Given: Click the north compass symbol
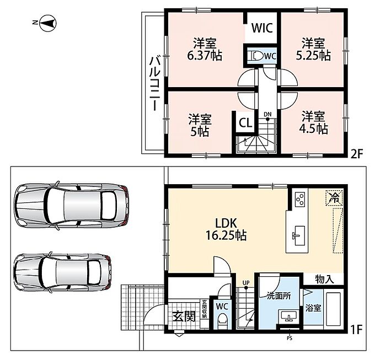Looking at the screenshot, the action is pos(47,23).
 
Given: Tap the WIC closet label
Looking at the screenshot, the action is pos(262,28).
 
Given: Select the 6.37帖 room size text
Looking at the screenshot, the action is pos(205,56).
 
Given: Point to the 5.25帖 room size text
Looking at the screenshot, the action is pos(313,56).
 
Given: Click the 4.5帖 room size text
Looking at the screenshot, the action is pos(314,130).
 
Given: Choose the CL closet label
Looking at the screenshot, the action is pos(245,123).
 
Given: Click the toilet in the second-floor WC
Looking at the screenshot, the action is pos(256,56).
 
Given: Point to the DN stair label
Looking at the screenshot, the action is pos(267,114).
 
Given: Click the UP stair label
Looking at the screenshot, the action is pos(246,283).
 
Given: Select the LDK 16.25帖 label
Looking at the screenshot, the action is pos(226,229).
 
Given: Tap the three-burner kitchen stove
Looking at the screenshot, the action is pos(299,199).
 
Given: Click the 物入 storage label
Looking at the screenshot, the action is pos(324,279).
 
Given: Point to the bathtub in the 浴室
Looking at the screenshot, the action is pos(333,308).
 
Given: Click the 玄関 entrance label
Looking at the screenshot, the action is pos(184,316).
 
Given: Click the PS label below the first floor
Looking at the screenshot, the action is pos(290,338).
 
